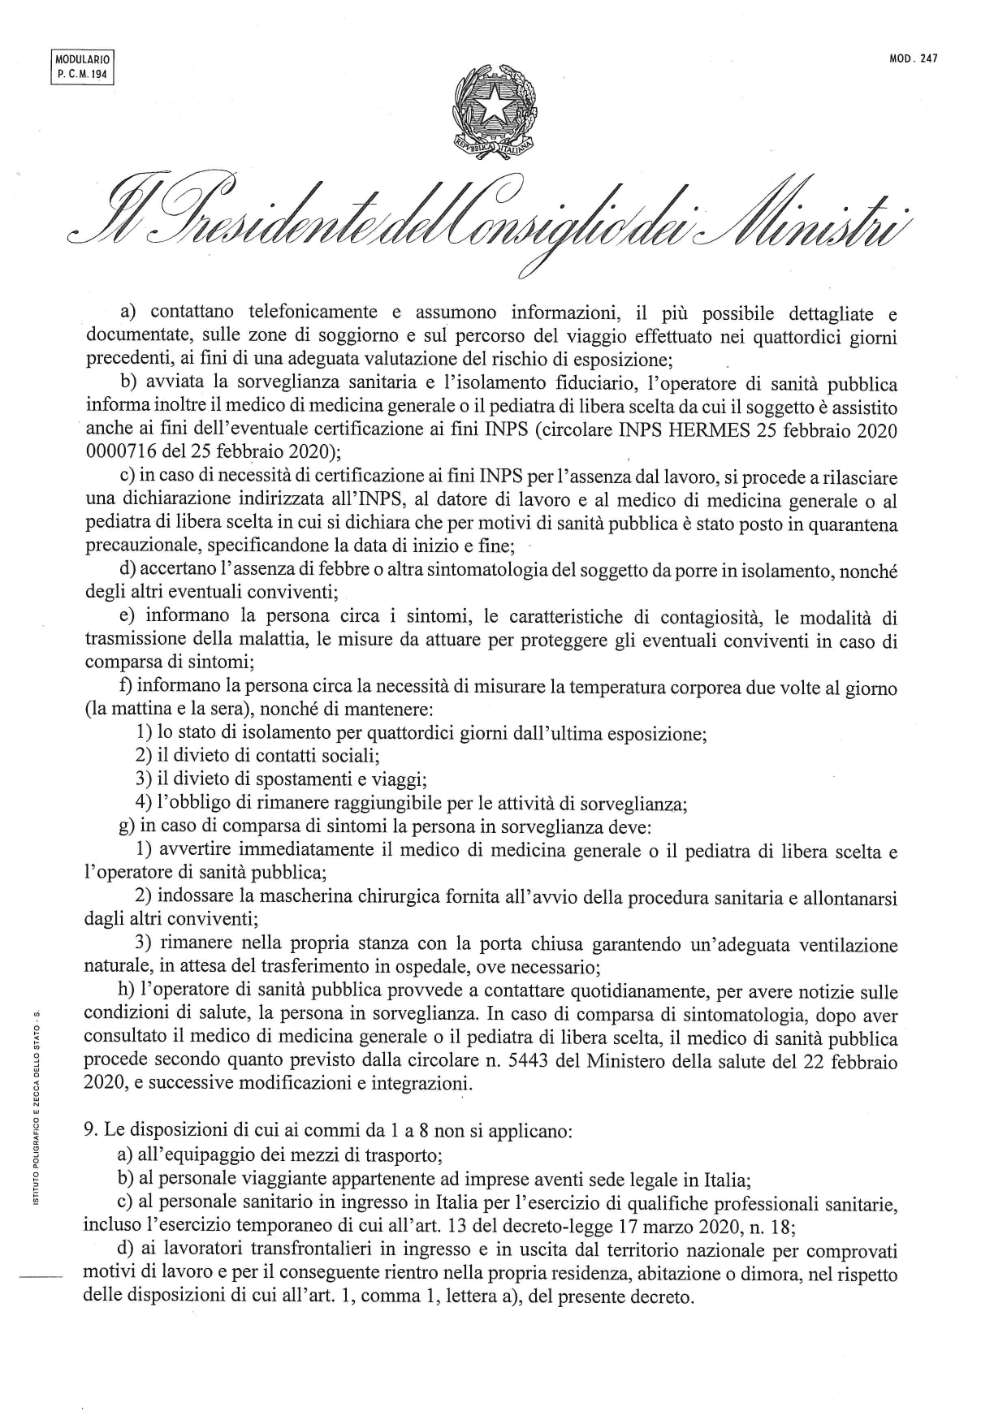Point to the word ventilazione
point(848,946)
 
